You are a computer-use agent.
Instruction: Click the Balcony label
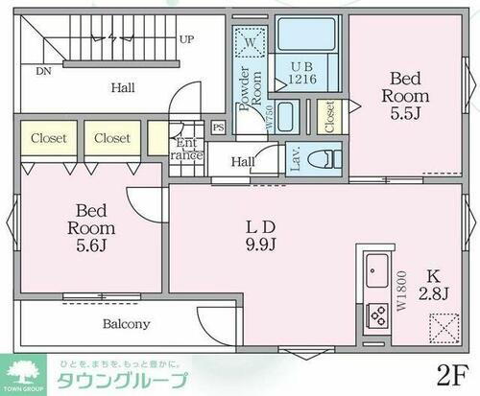point(126,323)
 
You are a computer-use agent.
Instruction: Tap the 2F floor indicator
point(455,370)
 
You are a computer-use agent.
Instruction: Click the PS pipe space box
point(218,128)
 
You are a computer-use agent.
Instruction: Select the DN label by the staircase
point(44,70)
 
